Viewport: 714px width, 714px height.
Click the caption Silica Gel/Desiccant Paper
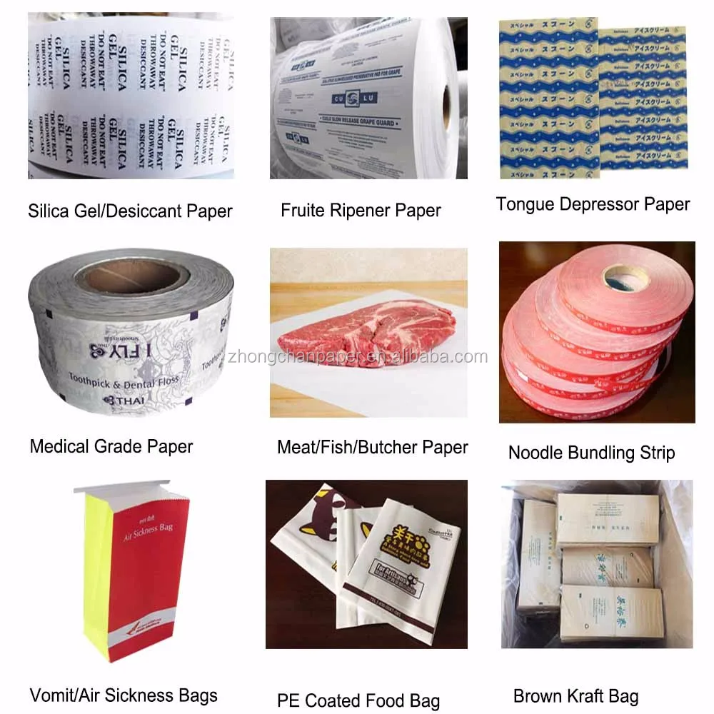[x=130, y=211]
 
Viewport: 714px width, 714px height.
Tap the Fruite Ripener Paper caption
[x=361, y=210]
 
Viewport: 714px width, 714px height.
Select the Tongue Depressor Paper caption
[x=593, y=204]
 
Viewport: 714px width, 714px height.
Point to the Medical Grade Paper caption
[x=111, y=447]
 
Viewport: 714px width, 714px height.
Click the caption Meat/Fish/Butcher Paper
[x=372, y=448]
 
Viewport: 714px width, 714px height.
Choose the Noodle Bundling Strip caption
[x=591, y=452]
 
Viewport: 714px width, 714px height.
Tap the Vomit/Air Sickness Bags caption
[x=124, y=695]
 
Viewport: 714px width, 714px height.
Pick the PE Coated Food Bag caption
[x=358, y=700]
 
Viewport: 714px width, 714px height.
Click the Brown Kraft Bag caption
[x=575, y=696]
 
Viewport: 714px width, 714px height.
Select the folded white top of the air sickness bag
[x=123, y=490]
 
